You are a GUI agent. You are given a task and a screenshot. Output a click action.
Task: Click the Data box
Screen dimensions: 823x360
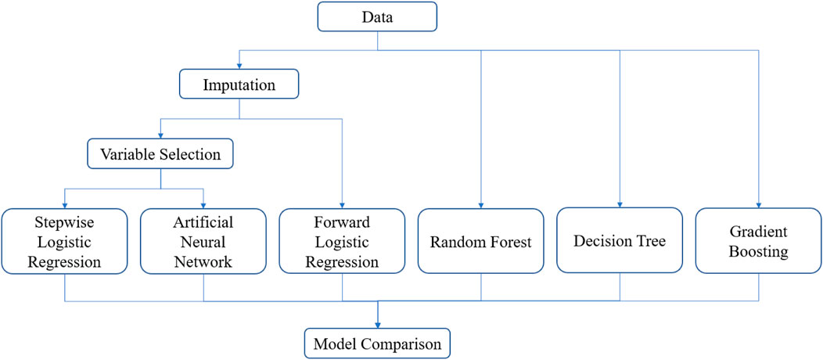point(377,16)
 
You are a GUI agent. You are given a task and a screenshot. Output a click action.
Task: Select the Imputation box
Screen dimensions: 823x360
point(239,84)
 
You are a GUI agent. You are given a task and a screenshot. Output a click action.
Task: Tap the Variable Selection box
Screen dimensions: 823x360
point(160,153)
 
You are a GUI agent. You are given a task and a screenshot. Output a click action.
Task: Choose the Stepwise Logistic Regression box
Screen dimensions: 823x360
point(64,241)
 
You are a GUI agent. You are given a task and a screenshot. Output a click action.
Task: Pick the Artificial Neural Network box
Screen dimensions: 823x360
point(203,241)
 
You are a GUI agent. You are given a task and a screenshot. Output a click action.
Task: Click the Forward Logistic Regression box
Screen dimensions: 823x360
point(342,241)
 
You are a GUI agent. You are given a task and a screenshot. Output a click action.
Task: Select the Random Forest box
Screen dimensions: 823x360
point(481,241)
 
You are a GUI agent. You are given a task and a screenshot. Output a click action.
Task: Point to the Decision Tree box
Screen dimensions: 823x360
point(620,240)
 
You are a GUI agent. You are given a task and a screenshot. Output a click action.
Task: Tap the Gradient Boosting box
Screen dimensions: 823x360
point(759,241)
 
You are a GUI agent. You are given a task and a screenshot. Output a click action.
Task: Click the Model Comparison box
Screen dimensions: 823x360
point(377,344)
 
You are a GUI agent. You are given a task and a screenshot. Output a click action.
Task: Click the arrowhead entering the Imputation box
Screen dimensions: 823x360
point(239,67)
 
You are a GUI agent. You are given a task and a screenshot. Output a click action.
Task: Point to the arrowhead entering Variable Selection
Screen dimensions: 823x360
point(160,135)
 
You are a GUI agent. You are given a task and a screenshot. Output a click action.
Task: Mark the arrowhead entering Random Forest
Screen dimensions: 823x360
point(481,205)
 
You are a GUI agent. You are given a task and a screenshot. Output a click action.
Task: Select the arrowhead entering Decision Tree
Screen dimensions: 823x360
point(620,204)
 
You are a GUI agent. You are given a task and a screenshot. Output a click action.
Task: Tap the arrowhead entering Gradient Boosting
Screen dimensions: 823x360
point(759,205)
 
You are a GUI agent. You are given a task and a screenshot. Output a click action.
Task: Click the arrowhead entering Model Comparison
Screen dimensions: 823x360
point(377,326)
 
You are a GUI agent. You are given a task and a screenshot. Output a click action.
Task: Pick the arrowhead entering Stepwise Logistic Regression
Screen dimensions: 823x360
point(64,205)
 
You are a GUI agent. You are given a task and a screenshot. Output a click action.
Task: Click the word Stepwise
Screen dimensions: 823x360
point(64,223)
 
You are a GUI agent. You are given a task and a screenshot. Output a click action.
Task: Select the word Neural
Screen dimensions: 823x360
point(203,242)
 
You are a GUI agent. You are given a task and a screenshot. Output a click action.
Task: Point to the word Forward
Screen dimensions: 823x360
point(342,222)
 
